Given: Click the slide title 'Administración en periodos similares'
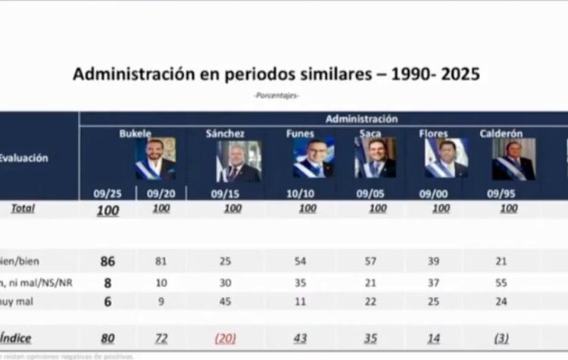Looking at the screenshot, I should [276, 74].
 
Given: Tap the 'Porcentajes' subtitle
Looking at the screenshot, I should [276, 95].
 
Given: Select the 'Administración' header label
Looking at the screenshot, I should [361, 118].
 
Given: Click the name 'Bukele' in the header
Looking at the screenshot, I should [136, 133].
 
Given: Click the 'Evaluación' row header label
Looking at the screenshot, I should [24, 158].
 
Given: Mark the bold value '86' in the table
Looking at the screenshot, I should [108, 261].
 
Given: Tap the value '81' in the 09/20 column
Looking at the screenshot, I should [161, 261].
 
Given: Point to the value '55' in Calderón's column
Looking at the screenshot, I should [509, 280].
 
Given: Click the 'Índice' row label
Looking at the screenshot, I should [15, 338].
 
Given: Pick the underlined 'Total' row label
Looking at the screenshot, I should [23, 208].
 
